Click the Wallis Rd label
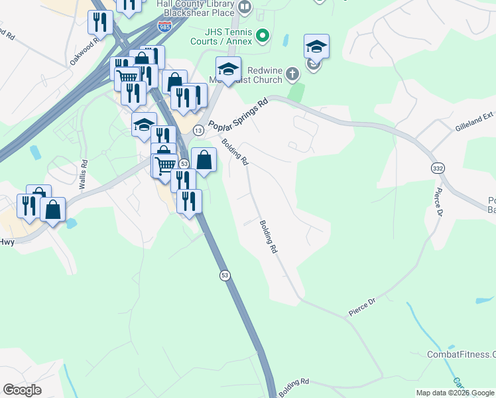(83, 174)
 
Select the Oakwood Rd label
(85, 50)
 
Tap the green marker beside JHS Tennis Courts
(263, 35)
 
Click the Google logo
(22, 390)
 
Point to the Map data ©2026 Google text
(456, 393)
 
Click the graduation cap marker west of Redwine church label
(228, 69)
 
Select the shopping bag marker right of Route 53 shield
(204, 160)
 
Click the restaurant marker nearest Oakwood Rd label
(100, 22)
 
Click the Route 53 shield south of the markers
(225, 275)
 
